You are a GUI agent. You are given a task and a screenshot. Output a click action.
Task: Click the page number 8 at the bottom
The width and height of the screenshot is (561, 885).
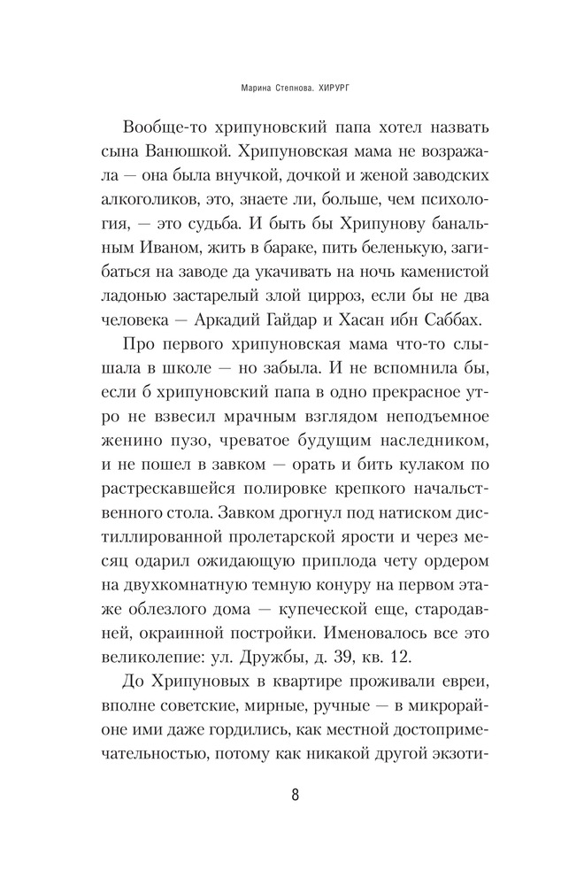coord(295,793)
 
